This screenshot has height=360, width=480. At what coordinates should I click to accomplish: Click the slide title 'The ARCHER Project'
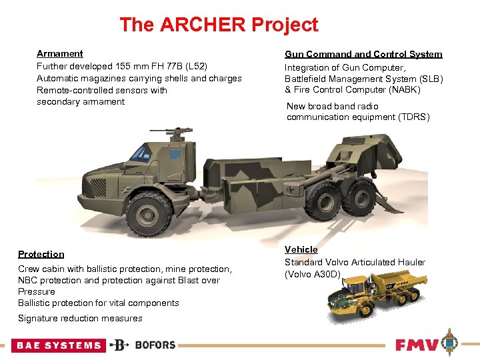pos(219,25)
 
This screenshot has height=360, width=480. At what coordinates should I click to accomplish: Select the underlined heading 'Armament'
pos(60,53)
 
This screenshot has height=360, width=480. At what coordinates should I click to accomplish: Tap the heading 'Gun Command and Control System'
pos(363,54)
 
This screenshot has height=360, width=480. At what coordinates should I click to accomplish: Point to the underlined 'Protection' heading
pos(41,254)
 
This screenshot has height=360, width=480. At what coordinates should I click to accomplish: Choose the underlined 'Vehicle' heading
pos(301,249)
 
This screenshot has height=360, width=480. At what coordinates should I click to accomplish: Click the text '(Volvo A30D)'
pos(313,274)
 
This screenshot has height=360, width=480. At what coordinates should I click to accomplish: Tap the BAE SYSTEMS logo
pos(59,345)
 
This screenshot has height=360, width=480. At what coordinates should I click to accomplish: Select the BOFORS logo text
pos(155,345)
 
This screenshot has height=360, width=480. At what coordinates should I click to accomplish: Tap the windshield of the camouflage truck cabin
pos(141,153)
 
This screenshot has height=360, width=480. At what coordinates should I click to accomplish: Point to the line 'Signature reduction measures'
pos(80,318)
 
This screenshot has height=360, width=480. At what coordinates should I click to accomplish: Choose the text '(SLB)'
pos(427,79)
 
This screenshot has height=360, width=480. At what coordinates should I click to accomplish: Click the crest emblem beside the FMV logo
pos(452,343)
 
